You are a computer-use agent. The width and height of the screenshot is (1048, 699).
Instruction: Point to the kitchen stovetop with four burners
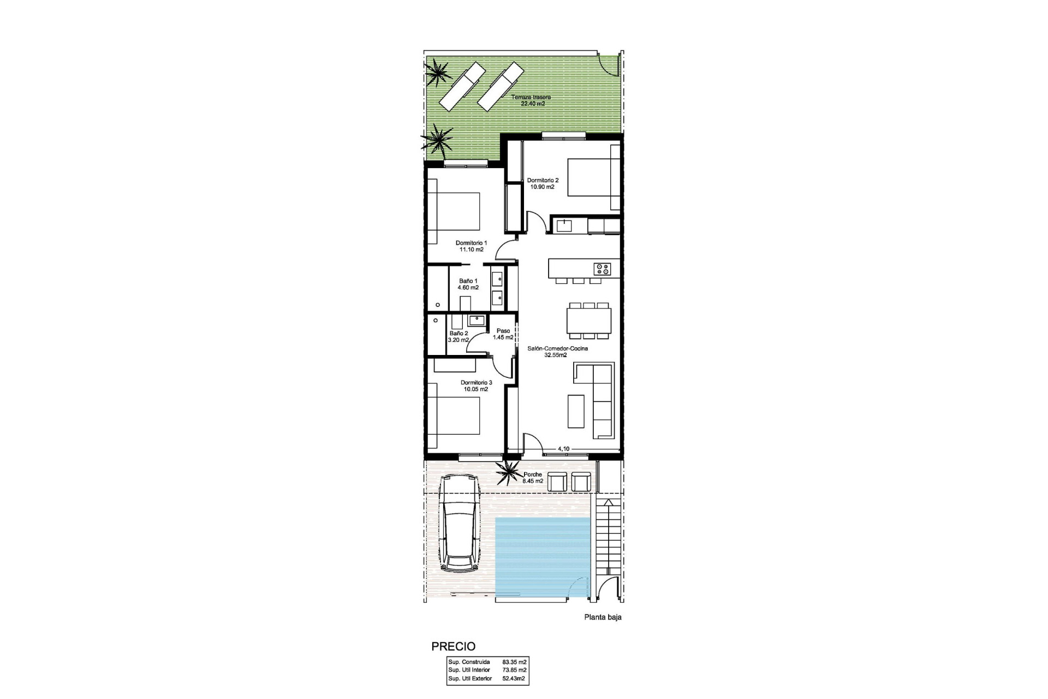[602, 269]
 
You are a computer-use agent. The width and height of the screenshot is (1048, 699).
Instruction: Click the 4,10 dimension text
[563, 449]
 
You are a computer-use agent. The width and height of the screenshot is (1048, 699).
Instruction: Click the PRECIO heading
[453, 647]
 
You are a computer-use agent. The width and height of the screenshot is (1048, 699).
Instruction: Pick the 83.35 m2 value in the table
[514, 661]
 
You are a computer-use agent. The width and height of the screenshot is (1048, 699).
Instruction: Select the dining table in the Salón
[589, 321]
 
